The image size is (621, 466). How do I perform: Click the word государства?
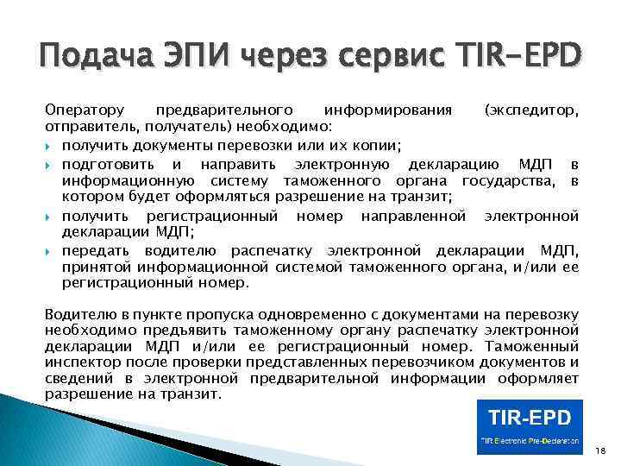click(507, 179)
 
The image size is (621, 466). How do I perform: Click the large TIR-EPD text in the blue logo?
click(530, 419)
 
